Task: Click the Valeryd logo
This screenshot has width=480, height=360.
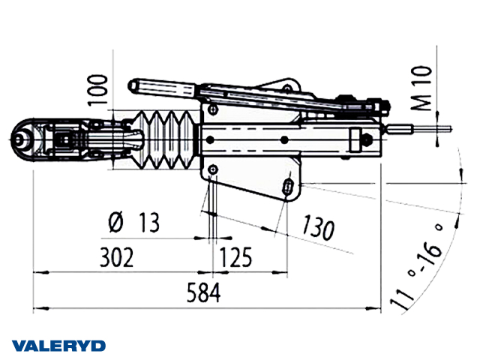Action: (58, 346)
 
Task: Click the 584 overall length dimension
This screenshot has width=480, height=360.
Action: (203, 293)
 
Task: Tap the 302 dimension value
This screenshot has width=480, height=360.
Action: (117, 257)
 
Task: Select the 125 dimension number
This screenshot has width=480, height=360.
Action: (235, 257)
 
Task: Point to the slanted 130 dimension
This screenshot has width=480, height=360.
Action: (318, 227)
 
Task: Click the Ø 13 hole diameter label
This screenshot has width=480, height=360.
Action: (134, 223)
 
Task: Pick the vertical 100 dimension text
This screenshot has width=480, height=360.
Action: (98, 90)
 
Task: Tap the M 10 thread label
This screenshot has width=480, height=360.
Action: (421, 88)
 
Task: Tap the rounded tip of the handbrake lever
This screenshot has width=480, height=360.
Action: (133, 85)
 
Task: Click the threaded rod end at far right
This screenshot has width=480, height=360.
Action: (432, 128)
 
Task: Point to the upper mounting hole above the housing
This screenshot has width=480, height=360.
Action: (212, 109)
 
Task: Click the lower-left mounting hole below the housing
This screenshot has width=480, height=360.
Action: (212, 169)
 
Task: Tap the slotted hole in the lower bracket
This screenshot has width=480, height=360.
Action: (288, 186)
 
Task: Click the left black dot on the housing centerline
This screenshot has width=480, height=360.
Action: (210, 140)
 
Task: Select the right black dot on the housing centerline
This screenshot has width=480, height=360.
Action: (284, 140)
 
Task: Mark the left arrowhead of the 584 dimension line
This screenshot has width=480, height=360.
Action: (41, 309)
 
